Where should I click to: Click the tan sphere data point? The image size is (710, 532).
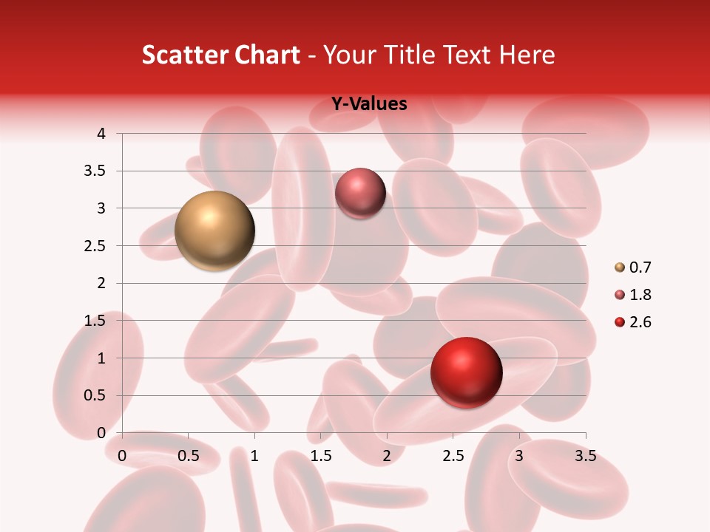214,231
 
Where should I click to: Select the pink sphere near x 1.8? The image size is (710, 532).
360,193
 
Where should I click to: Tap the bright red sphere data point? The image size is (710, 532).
466,372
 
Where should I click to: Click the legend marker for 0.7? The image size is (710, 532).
620,267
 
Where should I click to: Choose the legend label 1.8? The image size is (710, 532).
640,295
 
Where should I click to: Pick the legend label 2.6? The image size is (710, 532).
640,322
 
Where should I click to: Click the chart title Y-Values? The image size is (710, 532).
368,104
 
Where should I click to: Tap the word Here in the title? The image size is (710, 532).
527,55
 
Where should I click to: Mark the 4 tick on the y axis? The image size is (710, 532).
101,134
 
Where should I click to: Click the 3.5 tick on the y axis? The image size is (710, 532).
95,171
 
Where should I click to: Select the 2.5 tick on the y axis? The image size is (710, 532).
95,246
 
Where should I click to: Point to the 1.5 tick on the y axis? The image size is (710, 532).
95,321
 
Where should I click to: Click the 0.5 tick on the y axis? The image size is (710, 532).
95,395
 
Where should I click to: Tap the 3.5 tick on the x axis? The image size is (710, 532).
585,456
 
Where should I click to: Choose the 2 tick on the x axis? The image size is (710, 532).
387,456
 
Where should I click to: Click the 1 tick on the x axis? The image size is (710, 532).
254,456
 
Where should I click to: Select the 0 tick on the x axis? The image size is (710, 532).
122,456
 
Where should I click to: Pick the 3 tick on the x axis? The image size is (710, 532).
519,456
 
